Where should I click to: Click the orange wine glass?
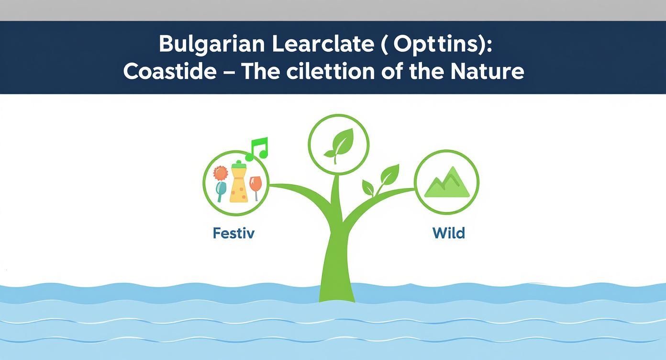coord(256,186)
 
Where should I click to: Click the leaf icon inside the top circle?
coord(339,143)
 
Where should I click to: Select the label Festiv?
coord(233,233)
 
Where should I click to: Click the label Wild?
coord(448,233)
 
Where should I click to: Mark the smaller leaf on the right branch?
coord(368,187)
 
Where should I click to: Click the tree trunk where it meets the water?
coord(337,294)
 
